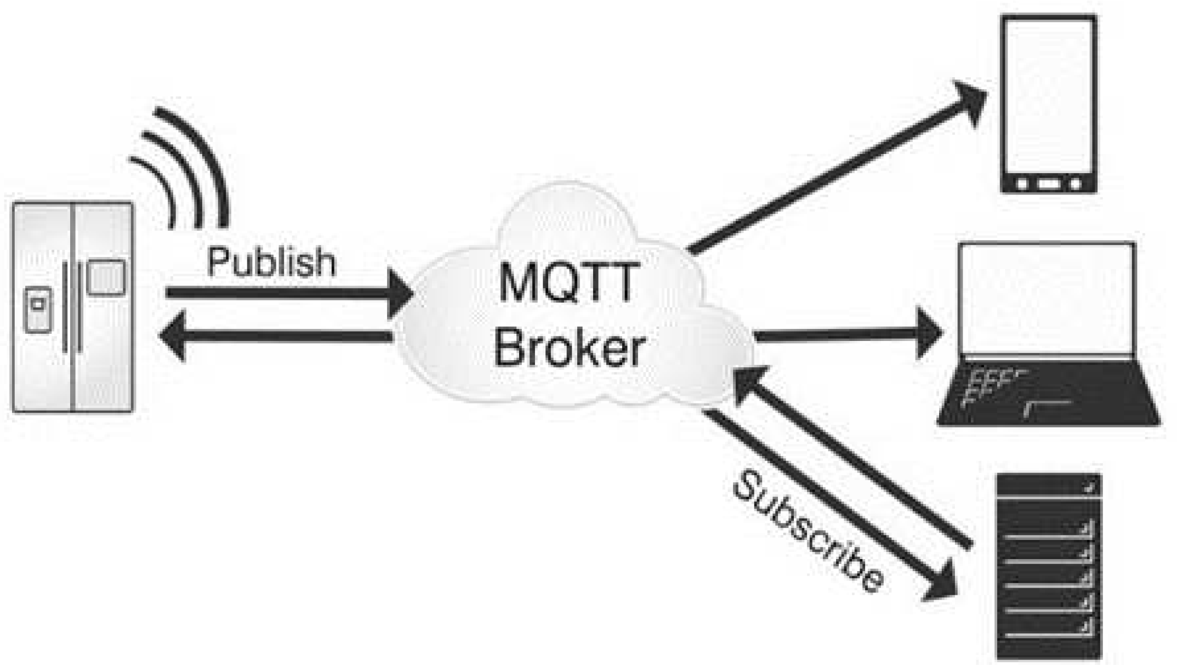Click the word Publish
tap(271, 263)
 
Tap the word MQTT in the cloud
tap(568, 282)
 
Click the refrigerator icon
tap(73, 307)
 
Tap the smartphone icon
tap(1048, 104)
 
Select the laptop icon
tap(1047, 334)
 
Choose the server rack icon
tap(1048, 567)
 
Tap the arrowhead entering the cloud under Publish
tap(399, 293)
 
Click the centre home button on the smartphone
tap(1048, 183)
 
